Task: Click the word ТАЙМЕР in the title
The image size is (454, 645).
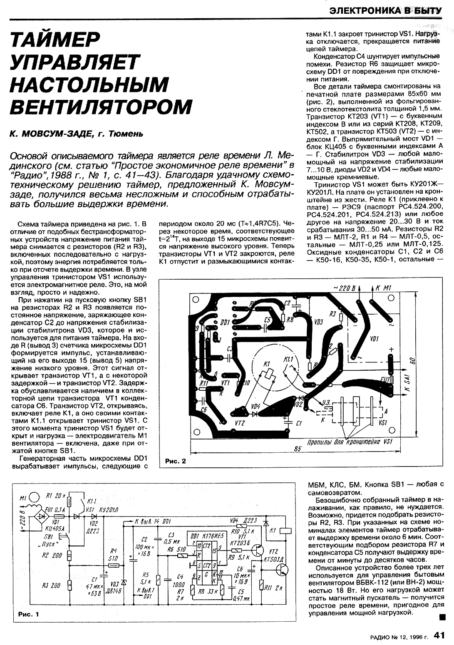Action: point(56,40)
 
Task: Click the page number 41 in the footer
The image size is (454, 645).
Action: point(440,635)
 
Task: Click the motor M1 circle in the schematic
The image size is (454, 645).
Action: point(35,497)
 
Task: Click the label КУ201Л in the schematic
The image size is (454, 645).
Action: point(109,510)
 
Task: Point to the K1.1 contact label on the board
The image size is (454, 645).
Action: point(288,359)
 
